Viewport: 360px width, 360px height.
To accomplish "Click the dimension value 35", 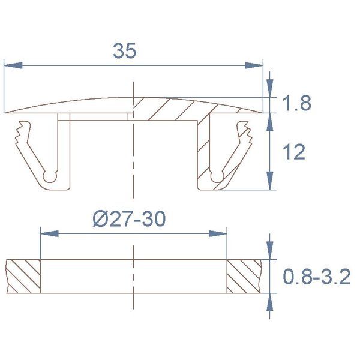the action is pyautogui.click(x=125, y=50).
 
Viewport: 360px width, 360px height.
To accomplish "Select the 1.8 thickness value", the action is pyautogui.click(x=297, y=103).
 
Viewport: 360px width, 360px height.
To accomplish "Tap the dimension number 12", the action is pyautogui.click(x=294, y=152).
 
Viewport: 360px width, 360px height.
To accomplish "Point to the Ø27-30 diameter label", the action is pyautogui.click(x=129, y=219).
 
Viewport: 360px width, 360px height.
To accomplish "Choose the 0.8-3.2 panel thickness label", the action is pyautogui.click(x=317, y=277).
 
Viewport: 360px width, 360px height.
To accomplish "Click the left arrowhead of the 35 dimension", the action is pyautogui.click(x=13, y=65).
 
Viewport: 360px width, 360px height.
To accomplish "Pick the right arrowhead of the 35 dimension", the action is pyautogui.click(x=254, y=65).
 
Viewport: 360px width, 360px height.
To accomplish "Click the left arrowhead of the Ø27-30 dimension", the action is pyautogui.click(x=49, y=234).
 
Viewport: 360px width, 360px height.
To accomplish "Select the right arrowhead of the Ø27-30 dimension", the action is pyautogui.click(x=218, y=234).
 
